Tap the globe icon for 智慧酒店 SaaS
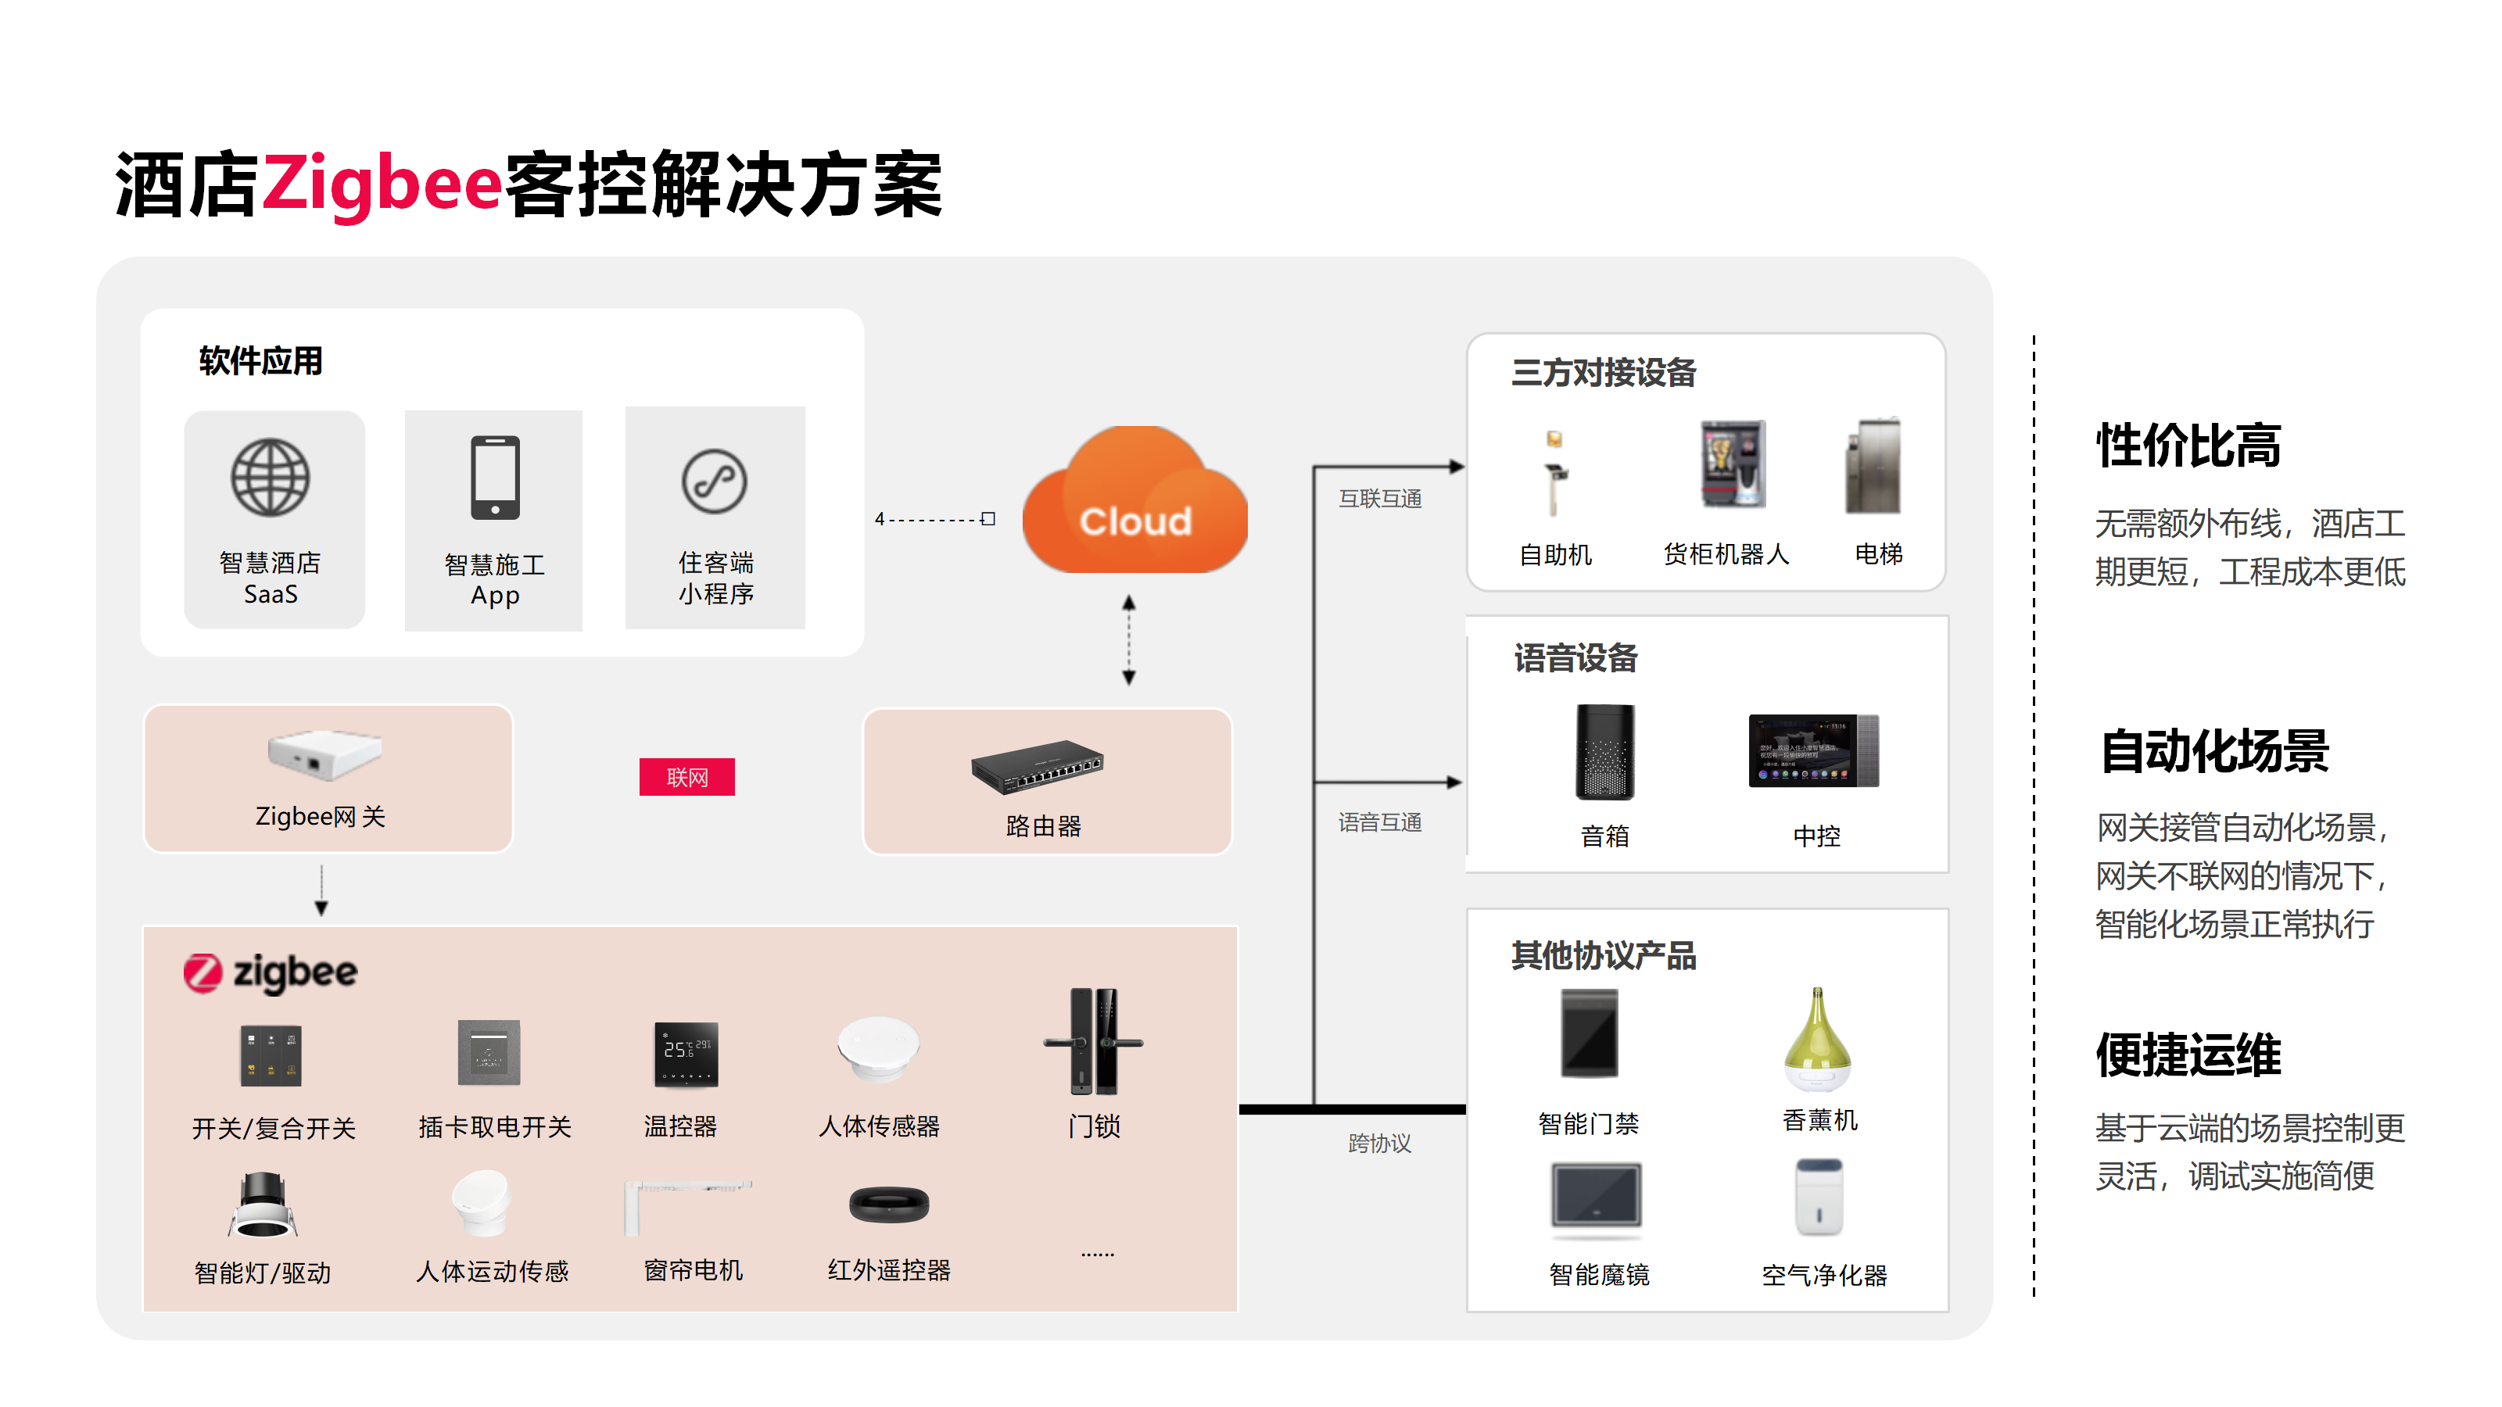coord(270,478)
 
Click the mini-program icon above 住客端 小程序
coord(714,481)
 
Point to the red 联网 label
coord(686,777)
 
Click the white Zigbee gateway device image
coord(324,754)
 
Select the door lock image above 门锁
coord(1094,1042)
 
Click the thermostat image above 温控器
coord(686,1054)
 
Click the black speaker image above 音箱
coord(1604,751)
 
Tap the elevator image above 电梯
coord(1873,466)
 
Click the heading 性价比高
coord(2188,446)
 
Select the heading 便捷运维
coord(2188,1055)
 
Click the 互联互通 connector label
coord(1379,498)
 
